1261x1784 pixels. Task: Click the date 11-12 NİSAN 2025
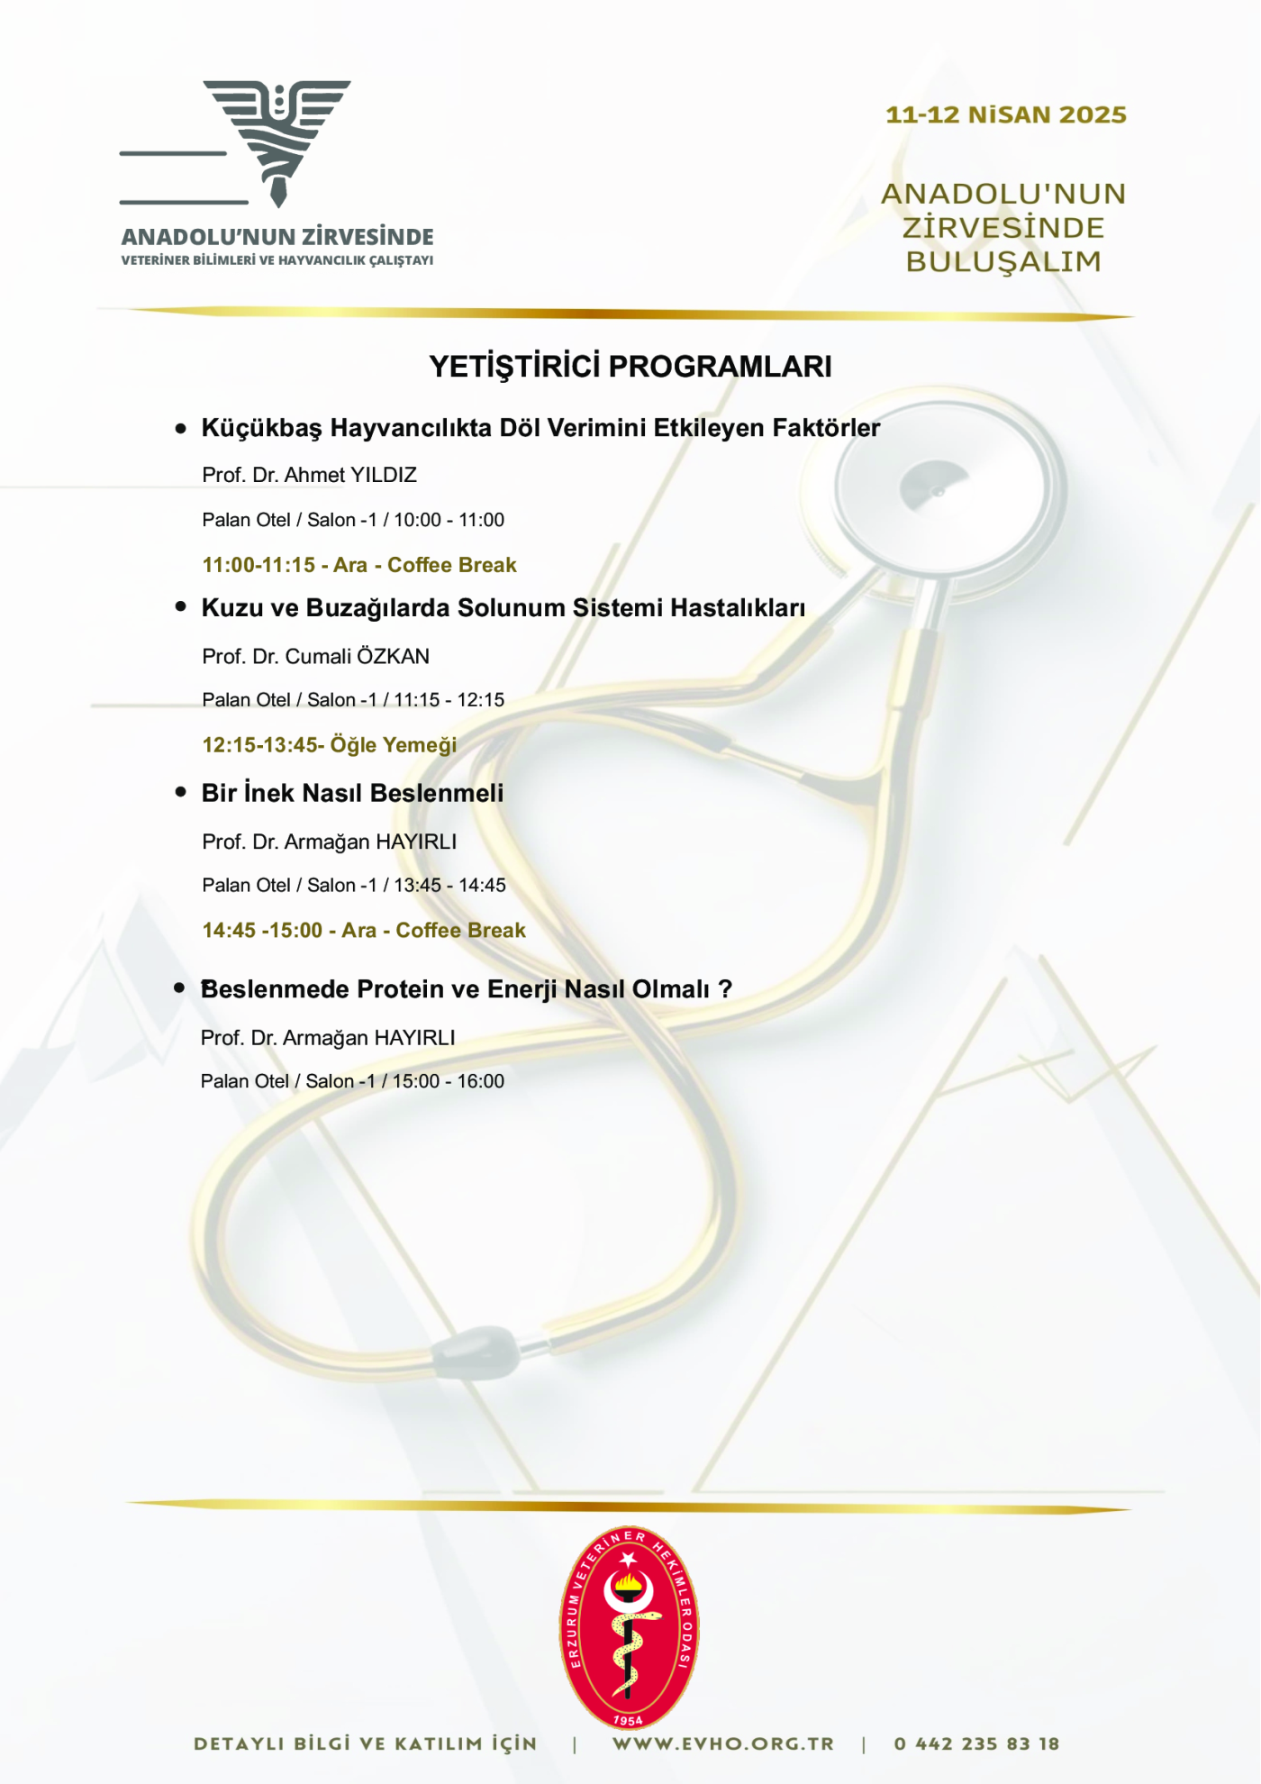pos(1005,115)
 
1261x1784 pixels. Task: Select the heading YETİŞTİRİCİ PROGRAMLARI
pos(630,367)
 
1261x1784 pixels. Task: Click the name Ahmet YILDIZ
pos(350,476)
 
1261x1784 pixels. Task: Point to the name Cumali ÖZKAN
pos(357,657)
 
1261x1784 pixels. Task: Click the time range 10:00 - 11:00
pos(449,521)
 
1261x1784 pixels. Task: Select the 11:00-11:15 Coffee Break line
pos(359,566)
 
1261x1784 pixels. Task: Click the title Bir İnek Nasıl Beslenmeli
pos(352,794)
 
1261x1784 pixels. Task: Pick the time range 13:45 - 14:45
pos(449,886)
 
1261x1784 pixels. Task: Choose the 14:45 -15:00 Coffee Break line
pos(364,931)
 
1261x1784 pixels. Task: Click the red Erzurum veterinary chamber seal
pos(629,1627)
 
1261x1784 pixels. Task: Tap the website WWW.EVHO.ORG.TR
pos(723,1744)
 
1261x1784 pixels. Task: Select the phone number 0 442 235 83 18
pos(976,1744)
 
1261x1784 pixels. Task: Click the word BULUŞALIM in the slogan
pos(1003,262)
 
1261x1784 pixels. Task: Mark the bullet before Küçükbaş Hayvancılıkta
pos(181,429)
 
